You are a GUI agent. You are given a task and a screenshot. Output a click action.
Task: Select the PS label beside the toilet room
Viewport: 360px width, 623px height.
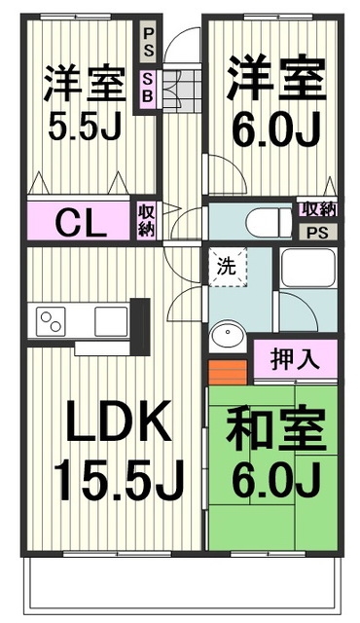317,233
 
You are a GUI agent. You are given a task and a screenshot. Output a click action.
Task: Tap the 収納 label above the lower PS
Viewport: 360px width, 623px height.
316,208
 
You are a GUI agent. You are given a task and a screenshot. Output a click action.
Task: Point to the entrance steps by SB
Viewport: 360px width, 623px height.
178,90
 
